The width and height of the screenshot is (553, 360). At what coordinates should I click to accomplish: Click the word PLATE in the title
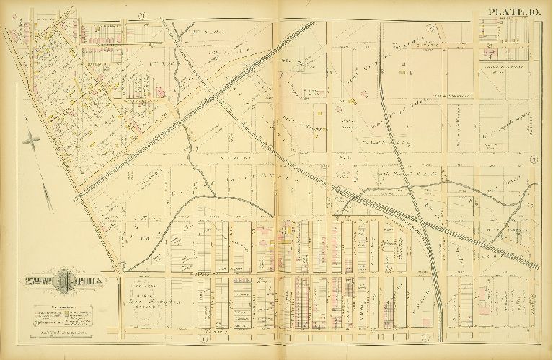coord(503,11)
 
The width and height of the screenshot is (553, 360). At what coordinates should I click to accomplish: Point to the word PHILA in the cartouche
coord(92,281)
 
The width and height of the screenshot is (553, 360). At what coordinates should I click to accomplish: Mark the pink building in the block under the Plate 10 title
coord(489,51)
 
